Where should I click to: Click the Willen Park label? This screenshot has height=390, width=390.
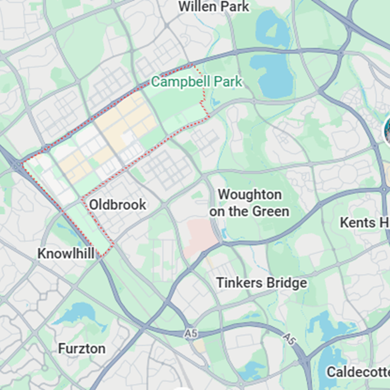(214, 7)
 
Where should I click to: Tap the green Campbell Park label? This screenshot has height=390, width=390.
(196, 82)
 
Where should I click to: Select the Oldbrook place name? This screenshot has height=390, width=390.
(118, 205)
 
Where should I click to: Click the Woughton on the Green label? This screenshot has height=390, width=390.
(249, 203)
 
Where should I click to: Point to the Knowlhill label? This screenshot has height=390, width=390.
(66, 254)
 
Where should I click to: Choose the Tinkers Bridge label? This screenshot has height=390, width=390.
(262, 283)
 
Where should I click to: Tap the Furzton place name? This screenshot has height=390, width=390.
(82, 349)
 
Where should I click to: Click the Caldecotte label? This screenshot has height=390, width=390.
(358, 372)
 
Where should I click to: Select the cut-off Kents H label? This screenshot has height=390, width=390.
(364, 223)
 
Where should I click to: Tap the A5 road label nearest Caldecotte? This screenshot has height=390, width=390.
(290, 338)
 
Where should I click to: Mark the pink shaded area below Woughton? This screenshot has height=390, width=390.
(201, 235)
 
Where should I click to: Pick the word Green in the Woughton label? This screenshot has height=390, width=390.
(271, 211)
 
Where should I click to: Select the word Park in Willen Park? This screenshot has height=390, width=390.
(235, 7)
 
